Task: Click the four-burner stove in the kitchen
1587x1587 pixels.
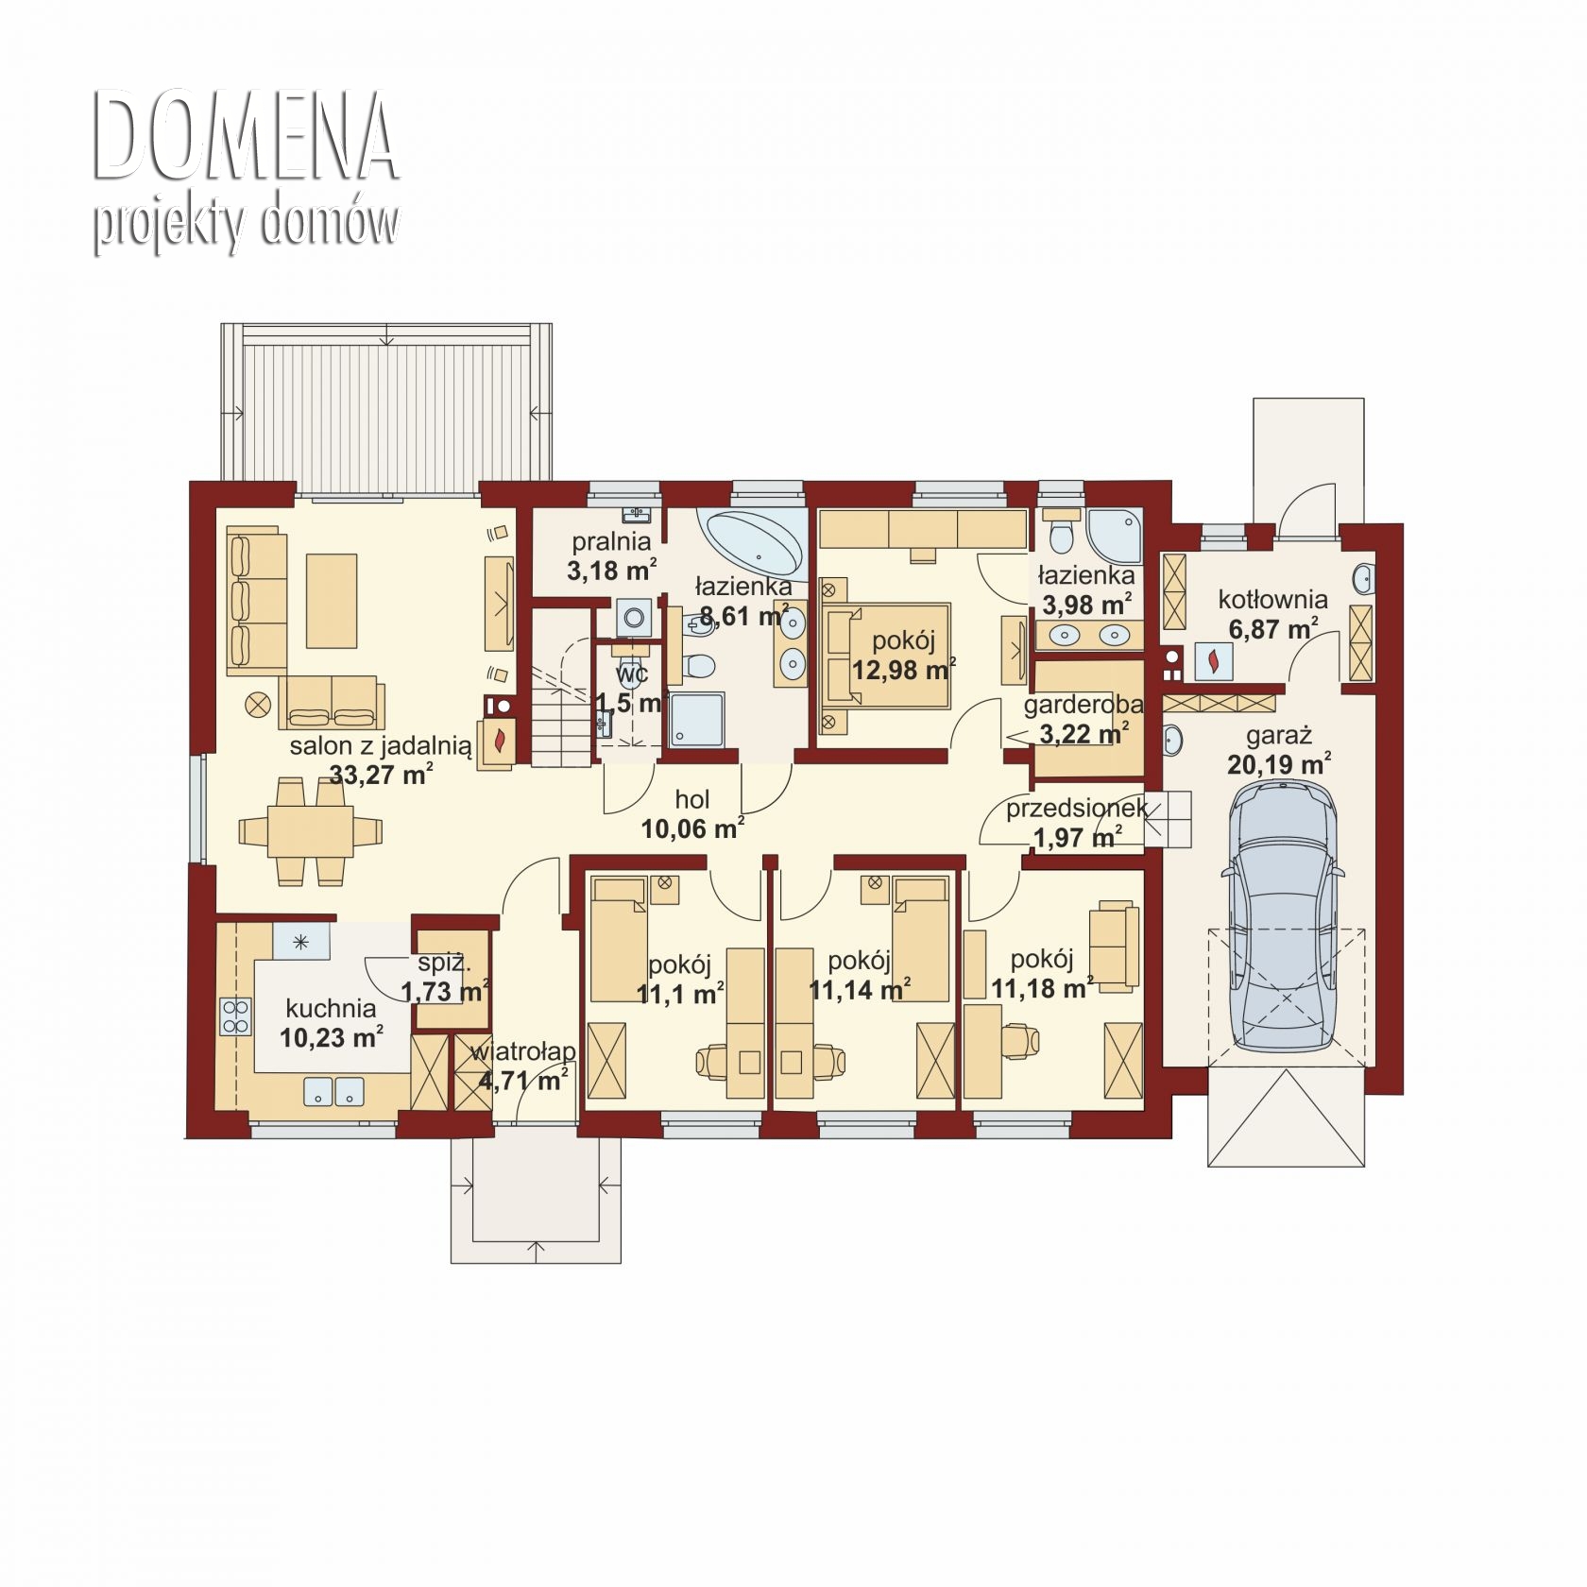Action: tap(235, 1016)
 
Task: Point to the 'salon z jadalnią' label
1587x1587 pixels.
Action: tap(380, 746)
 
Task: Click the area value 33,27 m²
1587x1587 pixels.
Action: tap(381, 776)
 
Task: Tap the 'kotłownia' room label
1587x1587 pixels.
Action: tap(1272, 599)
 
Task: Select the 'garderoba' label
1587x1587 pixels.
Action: tap(1084, 705)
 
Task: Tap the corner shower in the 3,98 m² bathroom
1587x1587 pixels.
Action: tap(1115, 535)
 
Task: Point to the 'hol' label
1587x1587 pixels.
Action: tap(692, 800)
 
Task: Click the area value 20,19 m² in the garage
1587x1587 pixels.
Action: tap(1279, 763)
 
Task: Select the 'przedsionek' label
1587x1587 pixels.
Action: tap(1076, 809)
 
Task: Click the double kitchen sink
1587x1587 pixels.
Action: tap(334, 1091)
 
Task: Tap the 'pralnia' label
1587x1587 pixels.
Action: tap(611, 542)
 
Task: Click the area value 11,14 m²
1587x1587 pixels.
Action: tap(860, 990)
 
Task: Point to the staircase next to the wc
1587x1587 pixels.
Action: tap(562, 688)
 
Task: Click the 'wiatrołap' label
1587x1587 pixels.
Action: tap(522, 1051)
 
